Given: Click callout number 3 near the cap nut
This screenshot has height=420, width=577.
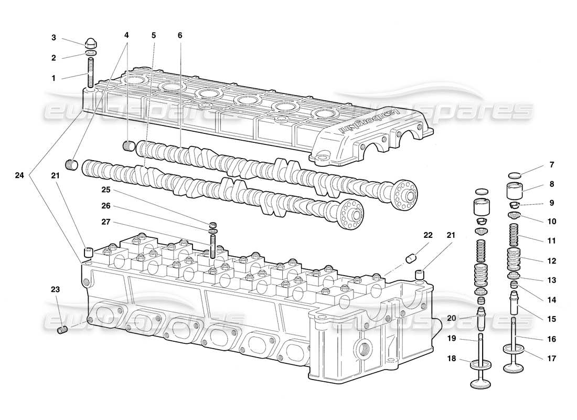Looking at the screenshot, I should coord(54,37).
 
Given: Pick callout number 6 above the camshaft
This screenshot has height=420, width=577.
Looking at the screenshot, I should coord(180,35).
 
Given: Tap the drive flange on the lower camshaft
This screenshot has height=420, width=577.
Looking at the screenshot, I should coord(349,216).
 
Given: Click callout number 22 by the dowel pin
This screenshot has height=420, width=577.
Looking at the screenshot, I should coord(428,235).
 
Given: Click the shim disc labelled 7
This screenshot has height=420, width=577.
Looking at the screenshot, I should coord(516,175).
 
